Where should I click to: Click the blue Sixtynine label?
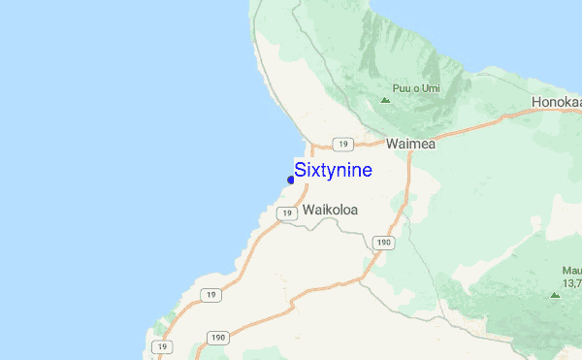click(x=333, y=170)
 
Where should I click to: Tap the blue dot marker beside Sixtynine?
click(x=291, y=180)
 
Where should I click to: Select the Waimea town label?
click(x=410, y=144)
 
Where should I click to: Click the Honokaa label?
click(x=556, y=103)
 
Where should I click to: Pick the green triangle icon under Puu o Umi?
click(x=386, y=100)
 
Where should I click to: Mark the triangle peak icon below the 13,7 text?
click(x=555, y=294)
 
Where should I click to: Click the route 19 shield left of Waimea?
click(x=341, y=144)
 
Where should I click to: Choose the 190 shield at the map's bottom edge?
click(x=218, y=339)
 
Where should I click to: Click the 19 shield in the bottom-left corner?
click(x=166, y=346)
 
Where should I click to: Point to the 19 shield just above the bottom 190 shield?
click(x=212, y=294)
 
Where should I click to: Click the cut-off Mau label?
click(x=570, y=271)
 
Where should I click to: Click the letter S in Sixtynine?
click(x=300, y=170)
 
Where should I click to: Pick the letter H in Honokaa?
click(x=536, y=103)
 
